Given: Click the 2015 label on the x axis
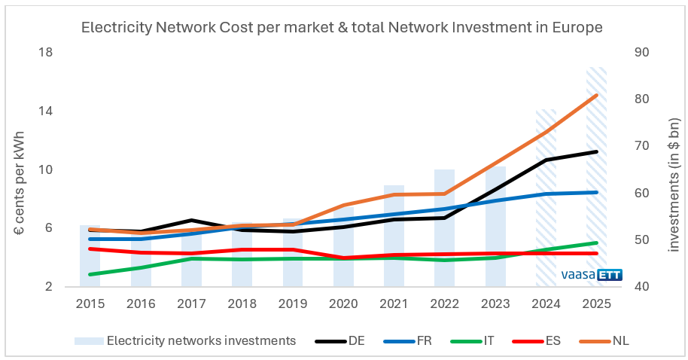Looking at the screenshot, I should pyautogui.click(x=90, y=304).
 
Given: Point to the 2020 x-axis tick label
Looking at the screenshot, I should pyautogui.click(x=343, y=304).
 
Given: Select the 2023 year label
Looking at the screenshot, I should pyautogui.click(x=495, y=304).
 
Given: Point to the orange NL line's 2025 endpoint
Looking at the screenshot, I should pyautogui.click(x=596, y=96).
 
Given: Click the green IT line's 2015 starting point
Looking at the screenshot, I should pyautogui.click(x=90, y=274).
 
